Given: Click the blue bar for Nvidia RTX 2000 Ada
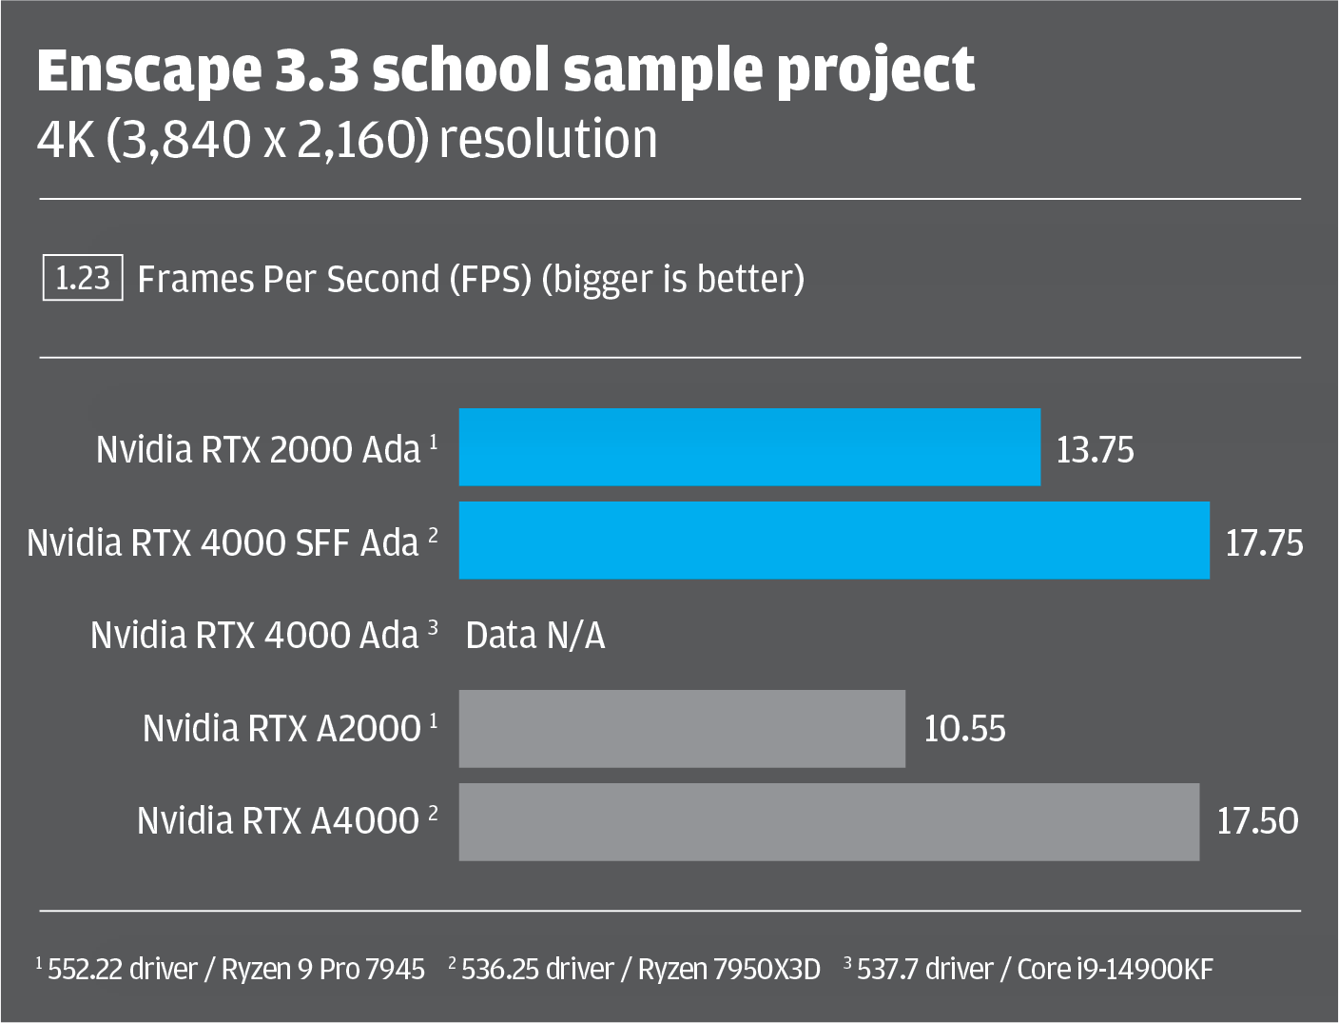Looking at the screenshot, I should click(749, 447).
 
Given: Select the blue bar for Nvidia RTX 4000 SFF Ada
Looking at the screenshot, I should click(834, 541).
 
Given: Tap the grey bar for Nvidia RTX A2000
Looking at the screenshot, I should click(682, 728).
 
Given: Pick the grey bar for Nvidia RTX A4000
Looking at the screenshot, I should click(828, 821).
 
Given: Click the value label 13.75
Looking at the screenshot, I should click(1095, 449).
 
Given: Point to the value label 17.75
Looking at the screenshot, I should click(1264, 542).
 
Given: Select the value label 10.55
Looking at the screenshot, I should click(964, 729).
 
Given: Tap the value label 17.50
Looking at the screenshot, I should click(1257, 821).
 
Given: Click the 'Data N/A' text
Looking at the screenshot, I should click(535, 636).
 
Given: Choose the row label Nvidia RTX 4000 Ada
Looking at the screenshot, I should click(255, 636).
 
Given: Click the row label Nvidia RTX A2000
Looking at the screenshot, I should click(281, 729).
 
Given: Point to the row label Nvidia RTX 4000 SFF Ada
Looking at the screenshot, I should click(223, 542).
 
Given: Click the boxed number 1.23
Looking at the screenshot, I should click(83, 279).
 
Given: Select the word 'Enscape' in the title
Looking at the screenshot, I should click(148, 70).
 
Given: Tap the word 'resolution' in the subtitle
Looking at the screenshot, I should click(548, 139).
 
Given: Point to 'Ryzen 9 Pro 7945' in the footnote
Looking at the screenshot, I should click(323, 970).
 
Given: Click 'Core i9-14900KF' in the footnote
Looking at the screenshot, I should click(1115, 970).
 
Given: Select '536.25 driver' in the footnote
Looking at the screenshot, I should click(537, 970).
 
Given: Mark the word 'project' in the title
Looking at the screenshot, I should click(876, 70).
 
